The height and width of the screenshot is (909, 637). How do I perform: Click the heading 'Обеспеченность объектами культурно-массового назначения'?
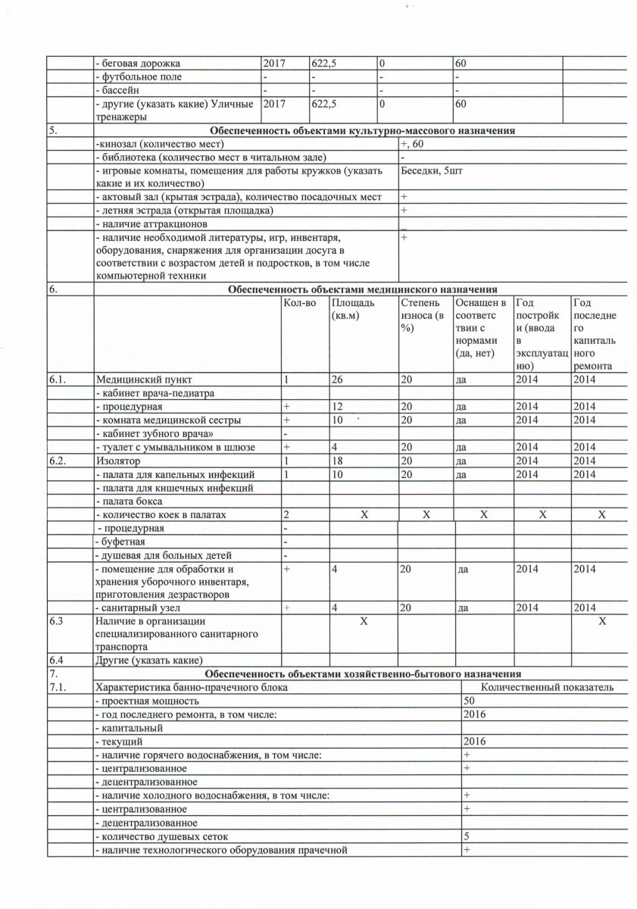tap(363, 131)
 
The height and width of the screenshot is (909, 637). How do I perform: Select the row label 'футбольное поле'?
tap(138, 77)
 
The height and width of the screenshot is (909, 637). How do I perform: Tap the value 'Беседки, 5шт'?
tap(432, 170)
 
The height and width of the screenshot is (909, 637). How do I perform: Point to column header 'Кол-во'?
tap(298, 303)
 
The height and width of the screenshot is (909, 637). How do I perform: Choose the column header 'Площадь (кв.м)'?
tap(353, 309)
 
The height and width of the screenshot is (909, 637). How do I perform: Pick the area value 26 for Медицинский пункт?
tap(337, 380)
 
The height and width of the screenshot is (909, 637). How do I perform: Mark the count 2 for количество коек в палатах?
tap(286, 515)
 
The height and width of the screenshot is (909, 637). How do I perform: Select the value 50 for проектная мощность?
tap(469, 701)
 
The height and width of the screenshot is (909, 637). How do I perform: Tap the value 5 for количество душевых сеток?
tap(467, 836)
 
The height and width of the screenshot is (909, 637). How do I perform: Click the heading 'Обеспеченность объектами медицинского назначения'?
tap(363, 289)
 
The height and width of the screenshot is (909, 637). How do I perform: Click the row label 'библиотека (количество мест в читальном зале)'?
tap(211, 157)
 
